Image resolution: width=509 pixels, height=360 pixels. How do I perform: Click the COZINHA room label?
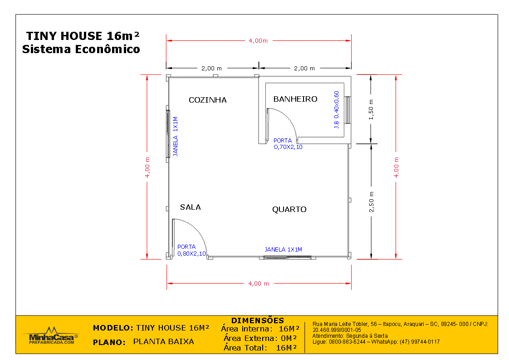point(207,100)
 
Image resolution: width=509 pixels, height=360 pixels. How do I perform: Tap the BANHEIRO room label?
point(295,99)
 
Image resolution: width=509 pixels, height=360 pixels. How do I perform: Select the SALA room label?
point(190,207)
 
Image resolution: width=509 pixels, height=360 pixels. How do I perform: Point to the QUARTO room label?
point(289,209)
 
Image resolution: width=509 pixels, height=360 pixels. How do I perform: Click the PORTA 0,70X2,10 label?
point(288,144)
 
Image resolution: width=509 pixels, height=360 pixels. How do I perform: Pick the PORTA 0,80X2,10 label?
point(191,250)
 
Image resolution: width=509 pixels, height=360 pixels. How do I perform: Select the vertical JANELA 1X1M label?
point(176,137)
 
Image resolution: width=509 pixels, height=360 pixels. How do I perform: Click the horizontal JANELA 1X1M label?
point(283,249)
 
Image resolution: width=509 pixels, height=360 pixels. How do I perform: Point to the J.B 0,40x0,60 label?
point(336,110)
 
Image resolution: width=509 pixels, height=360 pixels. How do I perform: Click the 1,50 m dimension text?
point(371,109)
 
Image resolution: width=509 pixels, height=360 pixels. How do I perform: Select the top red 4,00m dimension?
point(258,41)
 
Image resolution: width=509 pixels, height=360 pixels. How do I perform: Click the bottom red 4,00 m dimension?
point(258,283)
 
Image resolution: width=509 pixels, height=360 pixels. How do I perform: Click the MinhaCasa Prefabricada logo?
point(51,336)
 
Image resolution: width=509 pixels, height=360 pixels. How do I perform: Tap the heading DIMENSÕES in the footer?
point(257,321)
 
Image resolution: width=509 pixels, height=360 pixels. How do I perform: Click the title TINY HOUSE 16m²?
point(83,36)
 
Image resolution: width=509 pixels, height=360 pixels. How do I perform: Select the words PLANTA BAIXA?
point(163,341)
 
